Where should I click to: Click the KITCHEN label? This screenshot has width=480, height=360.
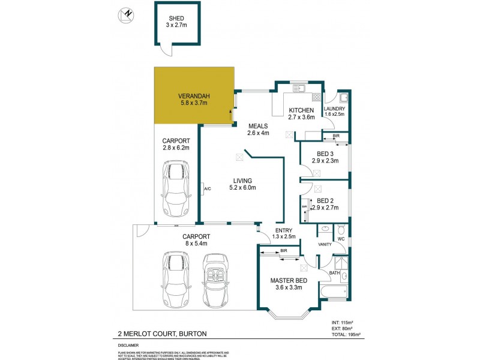click(302, 110)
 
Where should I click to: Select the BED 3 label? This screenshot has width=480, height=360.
click(328, 154)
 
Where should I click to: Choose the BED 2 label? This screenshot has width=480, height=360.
click(328, 200)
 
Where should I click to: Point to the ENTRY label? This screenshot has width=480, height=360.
click(283, 230)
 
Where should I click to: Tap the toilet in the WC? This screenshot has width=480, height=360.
click(340, 230)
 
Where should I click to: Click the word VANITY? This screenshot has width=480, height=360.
click(325, 244)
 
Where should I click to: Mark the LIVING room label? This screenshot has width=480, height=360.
click(242, 181)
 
